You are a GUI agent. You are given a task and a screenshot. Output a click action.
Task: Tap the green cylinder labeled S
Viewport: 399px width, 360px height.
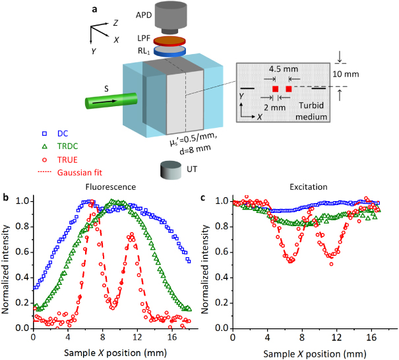coord(108,102)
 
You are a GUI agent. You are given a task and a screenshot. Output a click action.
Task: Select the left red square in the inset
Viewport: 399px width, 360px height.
coord(275,88)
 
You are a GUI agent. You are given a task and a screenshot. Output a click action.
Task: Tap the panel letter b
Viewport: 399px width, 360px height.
coord(6,196)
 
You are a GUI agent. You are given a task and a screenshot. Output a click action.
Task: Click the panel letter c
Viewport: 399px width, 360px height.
coord(204,196)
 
